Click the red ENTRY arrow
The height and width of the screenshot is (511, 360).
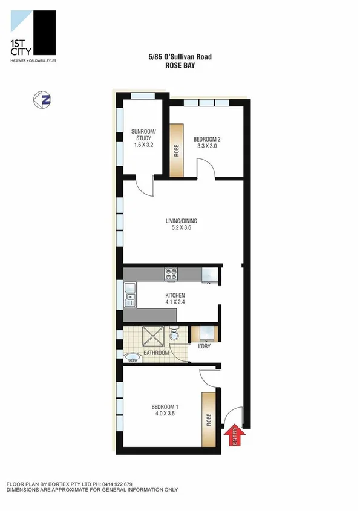[235, 435]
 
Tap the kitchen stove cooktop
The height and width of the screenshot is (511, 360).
[170, 274]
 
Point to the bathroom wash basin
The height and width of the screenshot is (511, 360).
[133, 357]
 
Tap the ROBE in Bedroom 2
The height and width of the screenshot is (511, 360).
[177, 151]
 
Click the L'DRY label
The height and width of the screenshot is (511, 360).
[204, 347]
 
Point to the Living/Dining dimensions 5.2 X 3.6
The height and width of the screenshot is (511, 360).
[182, 229]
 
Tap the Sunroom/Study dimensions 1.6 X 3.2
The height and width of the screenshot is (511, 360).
[143, 145]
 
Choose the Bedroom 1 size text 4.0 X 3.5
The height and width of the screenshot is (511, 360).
[165, 414]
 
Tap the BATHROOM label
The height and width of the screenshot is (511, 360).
[156, 353]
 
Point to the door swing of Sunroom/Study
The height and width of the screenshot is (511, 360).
[143, 185]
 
